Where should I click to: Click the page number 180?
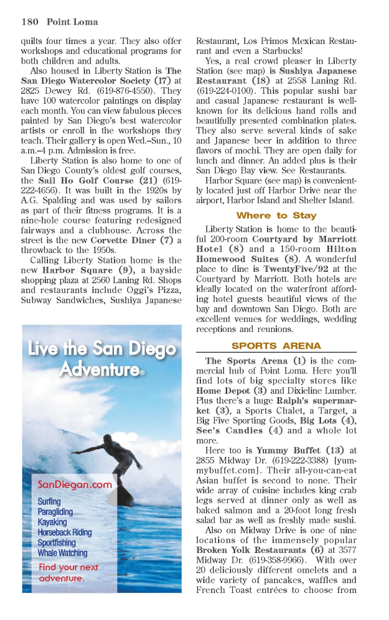pyautogui.click(x=30, y=22)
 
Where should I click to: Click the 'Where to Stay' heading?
pyautogui.click(x=276, y=216)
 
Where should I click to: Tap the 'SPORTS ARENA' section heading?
pyautogui.click(x=276, y=346)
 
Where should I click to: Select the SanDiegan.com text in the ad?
pyautogui.click(x=74, y=485)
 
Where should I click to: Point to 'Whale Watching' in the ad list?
pyautogui.click(x=62, y=553)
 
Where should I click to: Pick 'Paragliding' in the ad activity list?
pyautogui.click(x=55, y=512)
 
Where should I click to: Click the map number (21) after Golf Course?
pyautogui.click(x=148, y=180)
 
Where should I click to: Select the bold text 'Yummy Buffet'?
pyautogui.click(x=288, y=451)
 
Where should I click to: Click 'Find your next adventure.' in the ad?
pyautogui.click(x=68, y=573)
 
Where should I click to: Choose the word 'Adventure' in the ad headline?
pyautogui.click(x=100, y=369)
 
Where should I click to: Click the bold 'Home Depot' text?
pyautogui.click(x=223, y=391)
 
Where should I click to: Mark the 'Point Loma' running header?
pyautogui.click(x=72, y=22)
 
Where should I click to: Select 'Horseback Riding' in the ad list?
pyautogui.click(x=65, y=532)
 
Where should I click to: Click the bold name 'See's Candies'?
pyautogui.click(x=229, y=431)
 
